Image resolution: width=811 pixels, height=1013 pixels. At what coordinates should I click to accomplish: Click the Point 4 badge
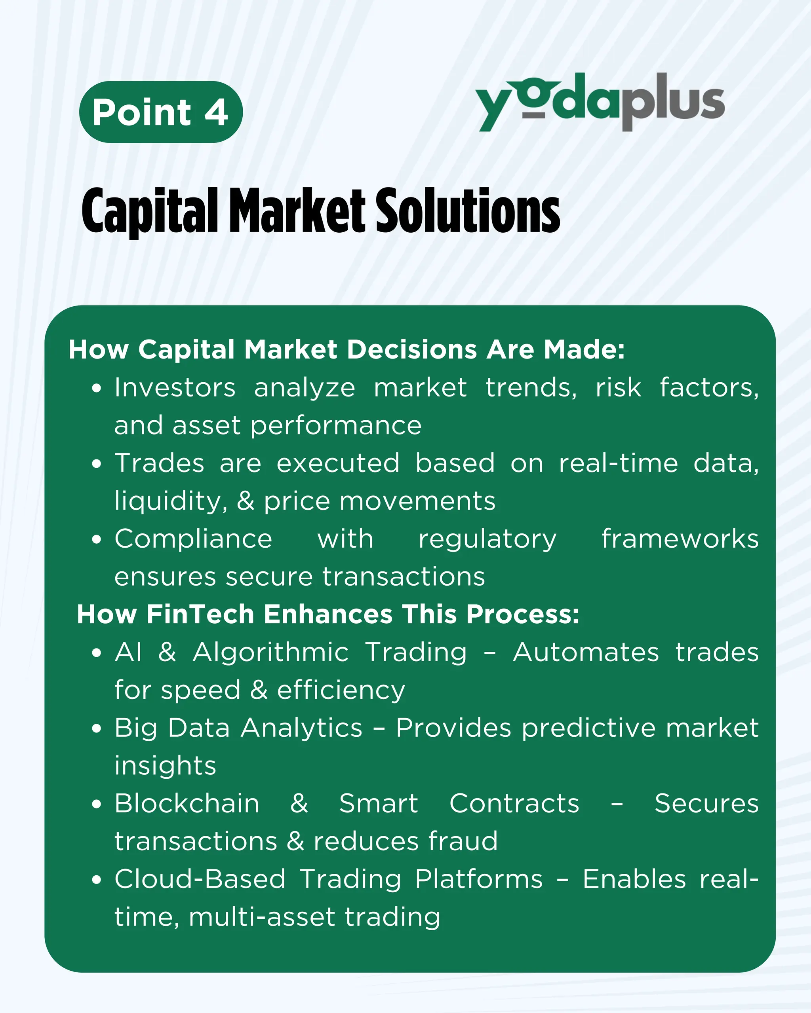pos(161,112)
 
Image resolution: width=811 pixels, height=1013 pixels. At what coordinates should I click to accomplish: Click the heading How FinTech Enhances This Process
pos(328,614)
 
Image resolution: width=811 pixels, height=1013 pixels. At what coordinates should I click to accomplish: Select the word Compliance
pos(193,539)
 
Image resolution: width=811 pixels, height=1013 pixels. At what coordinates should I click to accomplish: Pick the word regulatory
pos(487,540)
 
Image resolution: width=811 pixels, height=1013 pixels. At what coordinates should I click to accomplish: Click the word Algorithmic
pos(271,653)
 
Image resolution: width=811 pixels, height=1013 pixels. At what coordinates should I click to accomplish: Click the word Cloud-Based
pos(200,879)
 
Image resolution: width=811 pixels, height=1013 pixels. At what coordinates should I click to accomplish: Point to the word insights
pos(165,766)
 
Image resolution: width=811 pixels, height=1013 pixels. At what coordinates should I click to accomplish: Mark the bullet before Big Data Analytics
pos(97,729)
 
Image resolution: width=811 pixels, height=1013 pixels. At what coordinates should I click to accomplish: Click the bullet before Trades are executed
pos(97,464)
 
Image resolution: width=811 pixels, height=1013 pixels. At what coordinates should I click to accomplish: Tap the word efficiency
pos(341,691)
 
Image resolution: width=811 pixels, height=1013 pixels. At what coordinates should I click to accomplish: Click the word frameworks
pos(680,539)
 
